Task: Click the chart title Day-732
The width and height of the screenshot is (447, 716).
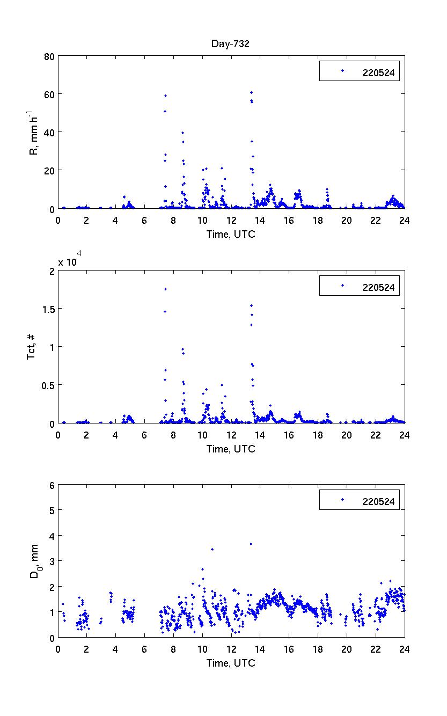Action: coord(230,45)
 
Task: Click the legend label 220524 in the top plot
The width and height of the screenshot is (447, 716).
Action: coord(378,74)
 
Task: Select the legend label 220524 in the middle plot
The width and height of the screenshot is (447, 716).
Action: coord(378,288)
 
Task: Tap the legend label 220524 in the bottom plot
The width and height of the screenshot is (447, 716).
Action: coord(378,502)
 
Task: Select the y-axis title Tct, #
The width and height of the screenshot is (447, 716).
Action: coord(32,347)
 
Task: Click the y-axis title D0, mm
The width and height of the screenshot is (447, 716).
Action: coord(35,561)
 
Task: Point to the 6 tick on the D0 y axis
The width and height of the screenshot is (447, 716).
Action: coord(52,485)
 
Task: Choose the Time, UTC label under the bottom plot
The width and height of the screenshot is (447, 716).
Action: coord(231,663)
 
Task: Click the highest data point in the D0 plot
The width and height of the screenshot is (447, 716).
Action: coord(251,544)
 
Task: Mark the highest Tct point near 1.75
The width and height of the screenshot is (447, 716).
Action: coord(165,289)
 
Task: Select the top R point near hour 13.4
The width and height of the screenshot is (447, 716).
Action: coord(251,92)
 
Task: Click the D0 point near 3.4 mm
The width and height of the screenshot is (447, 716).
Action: coord(212,549)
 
